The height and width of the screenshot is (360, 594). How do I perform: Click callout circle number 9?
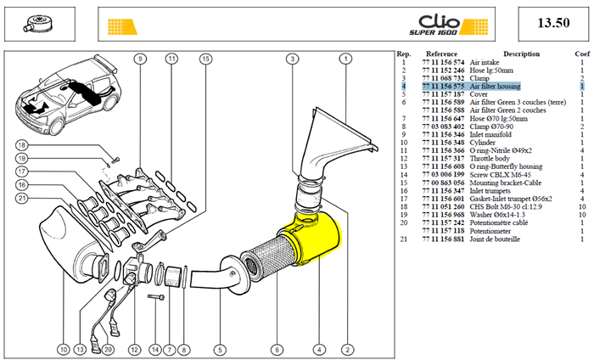pyautogui.click(x=140, y=59)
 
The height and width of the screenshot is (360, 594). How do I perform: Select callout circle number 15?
pyautogui.click(x=205, y=59)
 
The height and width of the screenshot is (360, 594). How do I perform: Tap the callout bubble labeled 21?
pyautogui.click(x=22, y=198)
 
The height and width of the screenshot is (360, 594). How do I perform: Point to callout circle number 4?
pyautogui.click(x=319, y=350)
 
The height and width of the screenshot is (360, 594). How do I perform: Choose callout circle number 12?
pyautogui.click(x=134, y=350)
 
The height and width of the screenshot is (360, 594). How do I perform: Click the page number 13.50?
pyautogui.click(x=553, y=23)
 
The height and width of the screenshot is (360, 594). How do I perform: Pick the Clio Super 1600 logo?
pyautogui.click(x=434, y=25)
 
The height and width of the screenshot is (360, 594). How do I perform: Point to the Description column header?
pyautogui.click(x=521, y=53)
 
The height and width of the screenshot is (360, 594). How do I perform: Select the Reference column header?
pyautogui.click(x=441, y=53)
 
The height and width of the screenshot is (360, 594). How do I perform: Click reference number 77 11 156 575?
pyautogui.click(x=443, y=87)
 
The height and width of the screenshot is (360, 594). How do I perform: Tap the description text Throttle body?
pyautogui.click(x=490, y=159)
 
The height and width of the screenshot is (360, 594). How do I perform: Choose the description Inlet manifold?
pyautogui.click(x=490, y=134)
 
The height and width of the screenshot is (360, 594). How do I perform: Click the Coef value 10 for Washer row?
pyautogui.click(x=582, y=215)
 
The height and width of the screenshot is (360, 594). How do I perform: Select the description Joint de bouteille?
pyautogui.click(x=495, y=239)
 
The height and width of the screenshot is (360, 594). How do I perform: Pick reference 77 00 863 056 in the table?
pyautogui.click(x=443, y=183)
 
